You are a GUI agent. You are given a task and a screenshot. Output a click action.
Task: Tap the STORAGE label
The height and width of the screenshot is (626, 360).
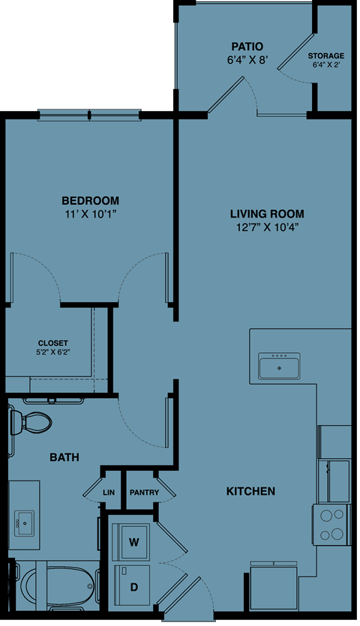click(x=326, y=56)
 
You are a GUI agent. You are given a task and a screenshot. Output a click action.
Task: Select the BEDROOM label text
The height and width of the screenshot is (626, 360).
click(x=90, y=200)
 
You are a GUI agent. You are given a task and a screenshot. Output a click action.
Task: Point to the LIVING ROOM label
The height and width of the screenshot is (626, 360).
click(x=267, y=214)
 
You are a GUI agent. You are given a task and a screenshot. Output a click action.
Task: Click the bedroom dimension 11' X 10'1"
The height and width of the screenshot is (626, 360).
click(x=90, y=214)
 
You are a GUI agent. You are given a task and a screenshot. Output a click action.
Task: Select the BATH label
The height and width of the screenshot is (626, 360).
click(x=64, y=457)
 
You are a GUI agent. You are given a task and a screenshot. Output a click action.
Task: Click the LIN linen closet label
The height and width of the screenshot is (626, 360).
click(x=109, y=493)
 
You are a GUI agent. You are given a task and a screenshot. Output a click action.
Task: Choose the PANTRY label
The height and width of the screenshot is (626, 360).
click(x=144, y=493)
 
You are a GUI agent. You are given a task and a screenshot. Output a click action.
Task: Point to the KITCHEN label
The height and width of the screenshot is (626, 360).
click(x=250, y=492)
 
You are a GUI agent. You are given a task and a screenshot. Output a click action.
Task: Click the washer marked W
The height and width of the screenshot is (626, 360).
click(x=135, y=541)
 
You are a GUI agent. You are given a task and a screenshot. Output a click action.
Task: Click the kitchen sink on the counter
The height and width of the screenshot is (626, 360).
click(x=279, y=368)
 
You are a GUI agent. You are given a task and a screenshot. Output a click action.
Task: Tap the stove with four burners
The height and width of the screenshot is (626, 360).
click(x=331, y=523)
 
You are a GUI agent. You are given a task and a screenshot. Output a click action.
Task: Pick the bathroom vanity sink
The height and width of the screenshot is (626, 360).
click(x=23, y=519)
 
